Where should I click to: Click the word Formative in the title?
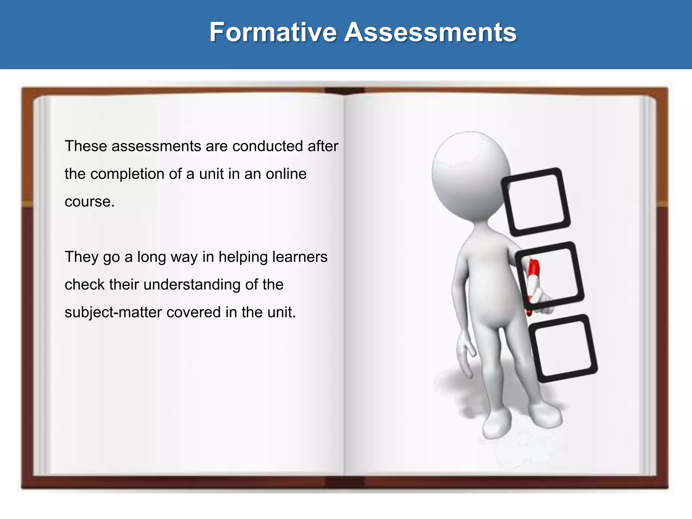click(273, 32)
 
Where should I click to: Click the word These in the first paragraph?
click(85, 146)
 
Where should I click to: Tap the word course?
click(89, 202)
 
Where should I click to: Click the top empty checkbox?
click(536, 202)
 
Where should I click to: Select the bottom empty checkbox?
click(563, 348)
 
